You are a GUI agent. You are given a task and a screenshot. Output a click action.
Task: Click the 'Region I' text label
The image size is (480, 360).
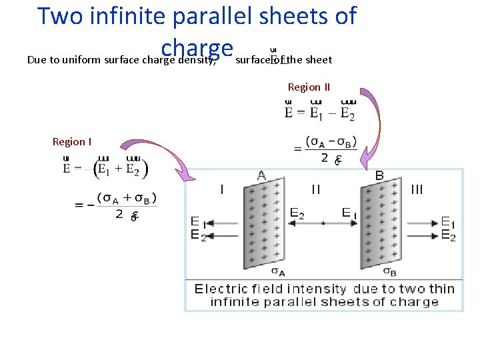[72, 141]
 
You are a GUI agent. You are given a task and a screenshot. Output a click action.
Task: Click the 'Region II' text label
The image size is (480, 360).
[309, 87]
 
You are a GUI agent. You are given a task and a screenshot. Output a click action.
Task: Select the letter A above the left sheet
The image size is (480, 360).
[261, 175]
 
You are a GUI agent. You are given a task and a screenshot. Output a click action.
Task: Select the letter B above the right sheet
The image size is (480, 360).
[379, 175]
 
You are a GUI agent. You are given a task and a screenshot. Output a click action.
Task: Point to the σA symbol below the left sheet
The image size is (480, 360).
[279, 271]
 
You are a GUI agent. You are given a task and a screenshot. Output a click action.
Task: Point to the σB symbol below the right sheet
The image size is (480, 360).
[391, 271]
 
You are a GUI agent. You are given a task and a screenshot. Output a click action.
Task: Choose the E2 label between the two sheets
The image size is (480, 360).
[298, 213]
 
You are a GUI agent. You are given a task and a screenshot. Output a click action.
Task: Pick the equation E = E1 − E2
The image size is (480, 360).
[319, 112]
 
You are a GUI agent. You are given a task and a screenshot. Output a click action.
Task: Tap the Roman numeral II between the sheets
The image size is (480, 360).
[316, 189]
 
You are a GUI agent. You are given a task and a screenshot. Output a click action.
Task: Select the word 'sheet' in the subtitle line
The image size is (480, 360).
[319, 60]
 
